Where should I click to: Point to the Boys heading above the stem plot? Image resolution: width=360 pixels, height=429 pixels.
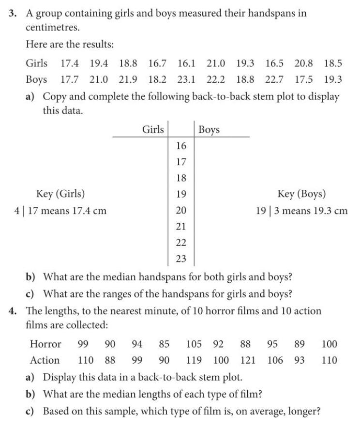tap(209, 129)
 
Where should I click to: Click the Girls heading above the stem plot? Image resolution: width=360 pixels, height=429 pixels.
tap(153, 129)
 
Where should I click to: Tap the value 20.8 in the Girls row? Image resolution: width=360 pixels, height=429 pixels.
tap(303, 63)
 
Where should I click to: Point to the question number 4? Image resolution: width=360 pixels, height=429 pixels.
tap(14, 310)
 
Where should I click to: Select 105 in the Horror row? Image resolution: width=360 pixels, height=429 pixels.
tap(195, 344)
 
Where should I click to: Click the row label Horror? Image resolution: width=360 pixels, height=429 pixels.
tap(45, 344)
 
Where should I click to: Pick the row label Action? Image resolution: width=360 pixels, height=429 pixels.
tap(45, 360)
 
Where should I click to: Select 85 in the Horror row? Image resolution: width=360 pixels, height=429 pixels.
tap(164, 344)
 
